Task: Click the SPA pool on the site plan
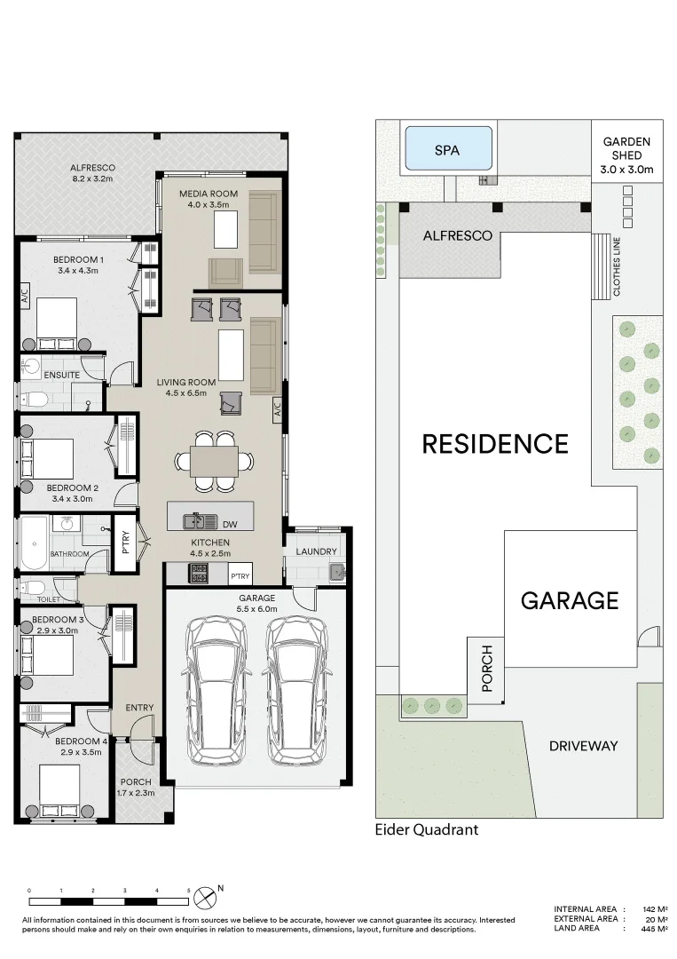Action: (448, 149)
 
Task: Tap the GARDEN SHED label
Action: (626, 155)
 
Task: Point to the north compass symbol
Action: (206, 893)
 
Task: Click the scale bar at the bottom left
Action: (108, 891)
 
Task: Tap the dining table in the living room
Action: (213, 461)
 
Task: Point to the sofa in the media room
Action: (263, 231)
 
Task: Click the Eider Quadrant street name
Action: (427, 830)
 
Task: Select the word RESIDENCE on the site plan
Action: (494, 443)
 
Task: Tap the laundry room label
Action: (316, 551)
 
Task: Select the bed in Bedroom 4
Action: (59, 789)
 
